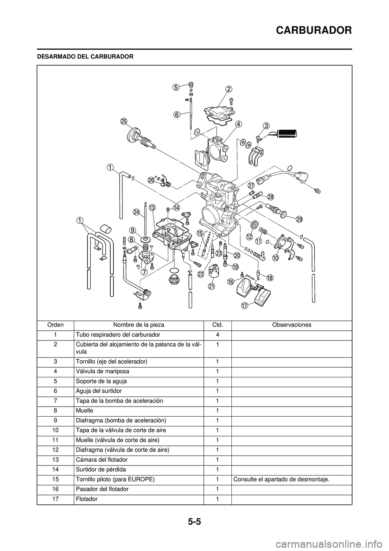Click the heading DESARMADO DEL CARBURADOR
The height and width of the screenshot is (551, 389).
click(85, 56)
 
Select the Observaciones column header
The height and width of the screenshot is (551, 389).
click(291, 325)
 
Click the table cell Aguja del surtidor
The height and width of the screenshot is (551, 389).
click(98, 391)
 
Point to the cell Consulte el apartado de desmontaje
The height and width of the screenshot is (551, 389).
click(281, 479)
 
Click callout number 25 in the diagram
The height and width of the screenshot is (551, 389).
click(124, 121)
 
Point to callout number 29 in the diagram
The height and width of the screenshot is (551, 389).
click(299, 220)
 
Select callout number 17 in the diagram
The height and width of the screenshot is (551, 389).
click(244, 306)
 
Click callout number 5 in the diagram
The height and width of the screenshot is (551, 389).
click(175, 87)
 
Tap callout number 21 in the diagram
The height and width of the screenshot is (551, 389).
click(211, 286)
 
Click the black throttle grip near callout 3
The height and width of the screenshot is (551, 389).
click(286, 133)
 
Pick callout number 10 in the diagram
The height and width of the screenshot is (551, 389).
click(276, 258)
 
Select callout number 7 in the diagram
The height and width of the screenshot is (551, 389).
click(144, 272)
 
